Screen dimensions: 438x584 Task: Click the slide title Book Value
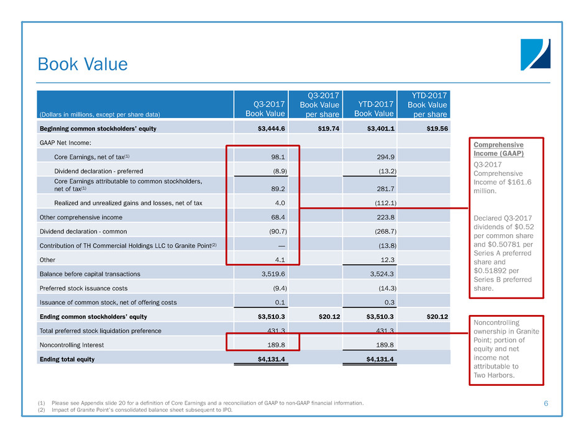[x=83, y=65]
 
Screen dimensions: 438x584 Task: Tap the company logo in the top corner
[x=535, y=54]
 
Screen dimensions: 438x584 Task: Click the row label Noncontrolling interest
[x=68, y=344]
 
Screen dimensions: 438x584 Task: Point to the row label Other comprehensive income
[x=80, y=217]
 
